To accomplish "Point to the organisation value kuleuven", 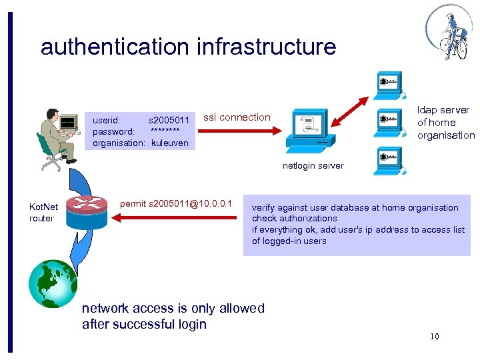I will pos(169,143).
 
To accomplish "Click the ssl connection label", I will pos(237,117).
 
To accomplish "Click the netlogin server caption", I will pos(313,165).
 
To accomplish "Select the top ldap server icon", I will pos(388,83).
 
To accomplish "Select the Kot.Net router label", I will pos(41,213).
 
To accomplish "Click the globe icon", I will pos(53,283).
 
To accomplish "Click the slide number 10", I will pos(434,336).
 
